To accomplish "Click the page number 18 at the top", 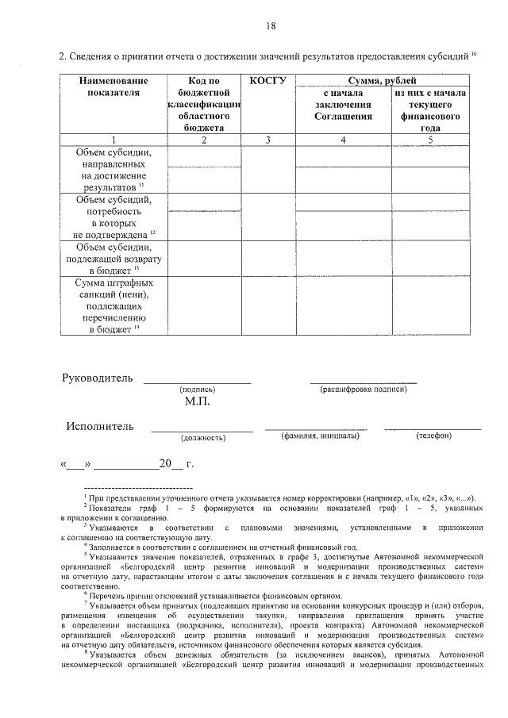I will click(271, 26).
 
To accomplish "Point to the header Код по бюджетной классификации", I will click(204, 104).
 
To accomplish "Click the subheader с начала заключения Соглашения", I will click(343, 104).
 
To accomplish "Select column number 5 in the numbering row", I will click(429, 140).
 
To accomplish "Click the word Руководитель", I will click(98, 377).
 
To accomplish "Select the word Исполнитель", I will click(100, 427).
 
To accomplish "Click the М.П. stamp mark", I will click(196, 403).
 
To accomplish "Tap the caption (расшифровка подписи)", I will click(364, 390).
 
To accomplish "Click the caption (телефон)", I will click(433, 436).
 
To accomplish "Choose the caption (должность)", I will click(203, 437).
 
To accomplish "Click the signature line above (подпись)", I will click(197, 382).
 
